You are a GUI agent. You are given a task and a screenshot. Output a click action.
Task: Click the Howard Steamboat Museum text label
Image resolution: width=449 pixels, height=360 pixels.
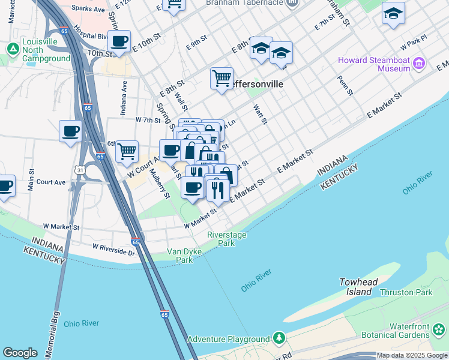click(373, 64)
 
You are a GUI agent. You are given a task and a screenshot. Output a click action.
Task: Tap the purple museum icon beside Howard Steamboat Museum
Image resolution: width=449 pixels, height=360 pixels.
click(419, 64)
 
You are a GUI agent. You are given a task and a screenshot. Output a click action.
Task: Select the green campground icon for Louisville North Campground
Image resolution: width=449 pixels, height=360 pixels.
click(13, 48)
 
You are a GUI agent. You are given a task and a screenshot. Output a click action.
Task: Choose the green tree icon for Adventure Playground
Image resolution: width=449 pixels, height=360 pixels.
click(279, 338)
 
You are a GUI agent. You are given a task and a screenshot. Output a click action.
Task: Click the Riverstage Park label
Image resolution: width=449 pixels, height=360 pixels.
click(226, 239)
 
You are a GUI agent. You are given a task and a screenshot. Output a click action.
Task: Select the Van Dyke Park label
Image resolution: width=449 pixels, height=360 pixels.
click(180, 256)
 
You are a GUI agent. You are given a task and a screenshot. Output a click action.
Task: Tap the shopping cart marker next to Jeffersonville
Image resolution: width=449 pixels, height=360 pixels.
click(221, 77)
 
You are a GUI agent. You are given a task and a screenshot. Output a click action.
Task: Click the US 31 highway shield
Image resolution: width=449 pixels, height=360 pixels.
click(79, 170)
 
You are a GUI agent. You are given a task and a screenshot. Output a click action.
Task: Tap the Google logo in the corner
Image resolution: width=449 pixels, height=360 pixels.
click(20, 353)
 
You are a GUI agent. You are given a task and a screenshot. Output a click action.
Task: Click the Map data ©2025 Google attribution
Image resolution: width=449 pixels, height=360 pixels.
click(412, 355)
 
